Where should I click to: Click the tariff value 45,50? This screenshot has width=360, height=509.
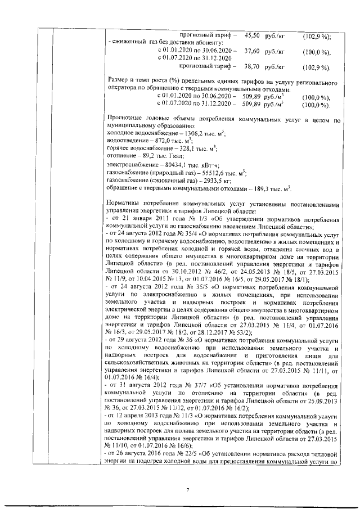tap(252, 35)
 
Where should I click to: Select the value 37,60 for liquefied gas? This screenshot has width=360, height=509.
tap(252, 51)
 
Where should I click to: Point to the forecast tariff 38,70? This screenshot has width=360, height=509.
tap(252, 66)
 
